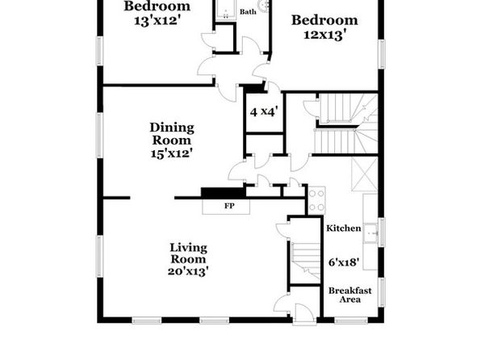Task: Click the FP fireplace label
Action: point(229,206)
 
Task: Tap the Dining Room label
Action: point(172,134)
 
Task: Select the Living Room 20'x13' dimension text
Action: point(188,271)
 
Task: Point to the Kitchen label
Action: point(344,228)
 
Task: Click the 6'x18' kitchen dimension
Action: point(344,262)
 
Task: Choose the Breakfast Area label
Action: point(350,295)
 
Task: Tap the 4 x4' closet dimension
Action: point(264,111)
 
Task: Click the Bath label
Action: point(248,11)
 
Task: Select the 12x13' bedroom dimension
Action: point(326,35)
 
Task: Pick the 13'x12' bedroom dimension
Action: point(157,21)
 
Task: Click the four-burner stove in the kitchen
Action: point(316,200)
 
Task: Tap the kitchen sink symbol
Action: point(371,233)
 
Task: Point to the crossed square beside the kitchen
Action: point(365,174)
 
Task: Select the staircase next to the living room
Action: point(306,261)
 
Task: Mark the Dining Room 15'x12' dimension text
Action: point(171,153)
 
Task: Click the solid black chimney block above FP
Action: point(224,193)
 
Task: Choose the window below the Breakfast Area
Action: point(351,320)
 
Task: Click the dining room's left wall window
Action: point(100,136)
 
